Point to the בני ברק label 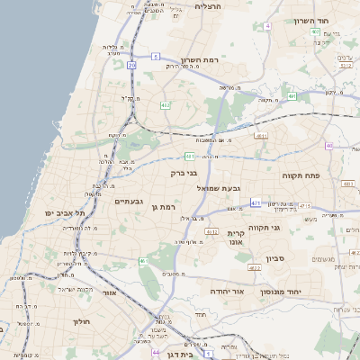184,173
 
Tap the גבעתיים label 130,202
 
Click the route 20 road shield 132,65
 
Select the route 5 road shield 156,57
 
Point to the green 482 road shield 165,105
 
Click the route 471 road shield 256,203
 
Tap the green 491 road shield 292,95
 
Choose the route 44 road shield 155,351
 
